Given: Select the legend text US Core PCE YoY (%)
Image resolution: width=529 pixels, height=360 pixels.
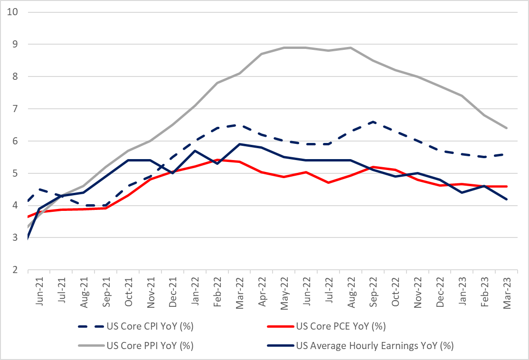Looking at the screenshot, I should tap(340, 326).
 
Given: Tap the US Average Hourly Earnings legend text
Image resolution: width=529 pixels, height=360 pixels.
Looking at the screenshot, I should tap(375, 346).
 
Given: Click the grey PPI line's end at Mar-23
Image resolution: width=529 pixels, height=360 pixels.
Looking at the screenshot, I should tap(507, 128).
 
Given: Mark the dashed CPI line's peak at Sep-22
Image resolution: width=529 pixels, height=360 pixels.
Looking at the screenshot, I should tap(374, 122).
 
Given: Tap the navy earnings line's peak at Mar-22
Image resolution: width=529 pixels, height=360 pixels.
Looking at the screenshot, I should tap(239, 144).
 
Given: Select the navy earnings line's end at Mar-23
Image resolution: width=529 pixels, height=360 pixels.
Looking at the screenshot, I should tap(507, 199).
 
